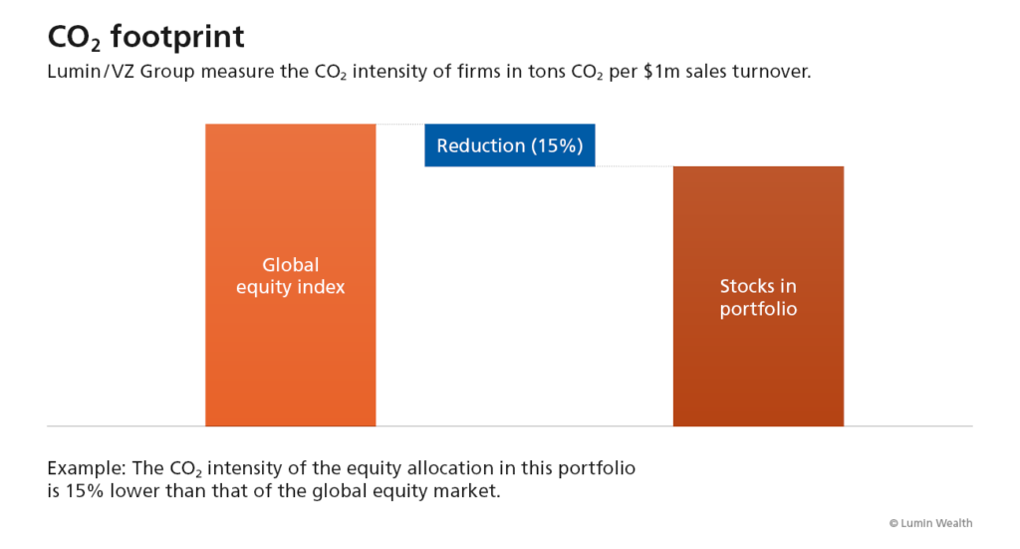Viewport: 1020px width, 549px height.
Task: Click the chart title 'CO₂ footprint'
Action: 146,38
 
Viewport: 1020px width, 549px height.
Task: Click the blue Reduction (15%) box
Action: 509,145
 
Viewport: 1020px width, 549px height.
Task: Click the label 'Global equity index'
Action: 290,276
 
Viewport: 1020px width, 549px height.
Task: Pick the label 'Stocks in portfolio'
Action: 758,297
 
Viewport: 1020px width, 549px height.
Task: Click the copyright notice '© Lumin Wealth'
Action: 930,523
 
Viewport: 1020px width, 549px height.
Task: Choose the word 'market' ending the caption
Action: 466,491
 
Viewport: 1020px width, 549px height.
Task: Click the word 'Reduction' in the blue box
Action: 480,145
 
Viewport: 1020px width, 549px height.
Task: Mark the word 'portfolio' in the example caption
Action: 598,467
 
